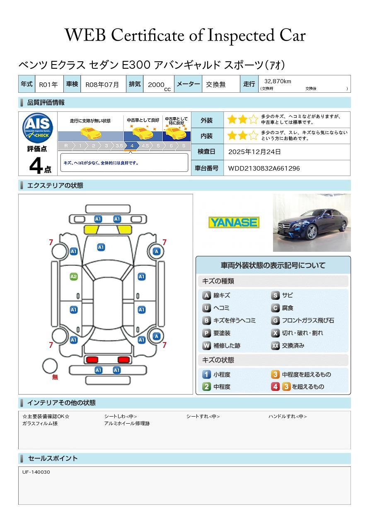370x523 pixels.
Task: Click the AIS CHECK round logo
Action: click(x=38, y=128)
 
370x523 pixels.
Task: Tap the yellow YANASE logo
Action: click(x=234, y=222)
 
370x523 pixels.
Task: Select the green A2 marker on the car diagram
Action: click(x=74, y=277)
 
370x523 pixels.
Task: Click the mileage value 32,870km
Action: click(x=278, y=81)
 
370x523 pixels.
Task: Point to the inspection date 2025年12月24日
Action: click(x=254, y=152)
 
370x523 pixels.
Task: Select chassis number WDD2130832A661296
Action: click(x=264, y=169)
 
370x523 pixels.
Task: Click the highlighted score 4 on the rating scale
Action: click(x=132, y=146)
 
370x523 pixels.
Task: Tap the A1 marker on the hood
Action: click(x=101, y=247)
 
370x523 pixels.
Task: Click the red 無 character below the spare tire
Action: click(x=55, y=377)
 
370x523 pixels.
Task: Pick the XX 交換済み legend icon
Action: click(x=276, y=345)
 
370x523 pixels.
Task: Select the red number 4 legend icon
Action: click(x=276, y=387)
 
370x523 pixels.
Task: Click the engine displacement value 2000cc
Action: click(x=159, y=85)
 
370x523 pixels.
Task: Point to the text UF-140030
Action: click(x=36, y=472)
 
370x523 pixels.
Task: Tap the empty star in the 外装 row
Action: click(x=253, y=120)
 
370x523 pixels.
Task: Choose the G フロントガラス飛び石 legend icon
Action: click(x=276, y=321)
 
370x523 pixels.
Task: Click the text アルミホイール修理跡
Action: click(x=127, y=424)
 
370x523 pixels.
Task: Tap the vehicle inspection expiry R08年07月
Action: click(x=102, y=84)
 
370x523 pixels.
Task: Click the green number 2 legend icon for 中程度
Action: click(x=206, y=387)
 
